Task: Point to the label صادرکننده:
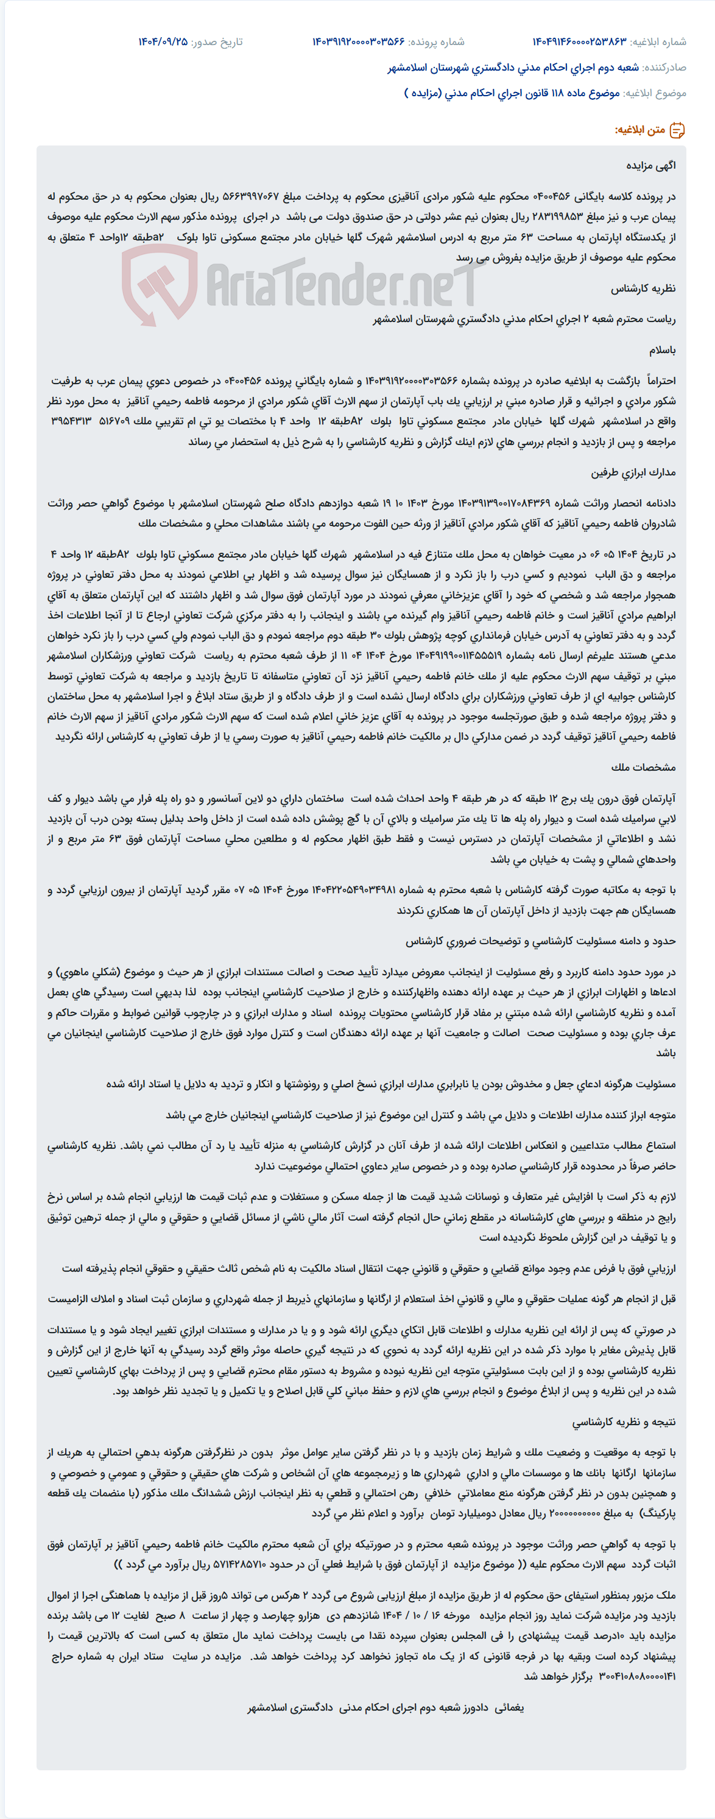[664, 68]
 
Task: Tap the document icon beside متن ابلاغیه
[677, 130]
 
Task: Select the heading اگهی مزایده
[650, 166]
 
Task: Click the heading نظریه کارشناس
[643, 288]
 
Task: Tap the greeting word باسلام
[662, 350]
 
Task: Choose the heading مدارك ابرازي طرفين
[633, 472]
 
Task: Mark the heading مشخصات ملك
[643, 768]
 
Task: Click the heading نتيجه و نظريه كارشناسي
[624, 1422]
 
